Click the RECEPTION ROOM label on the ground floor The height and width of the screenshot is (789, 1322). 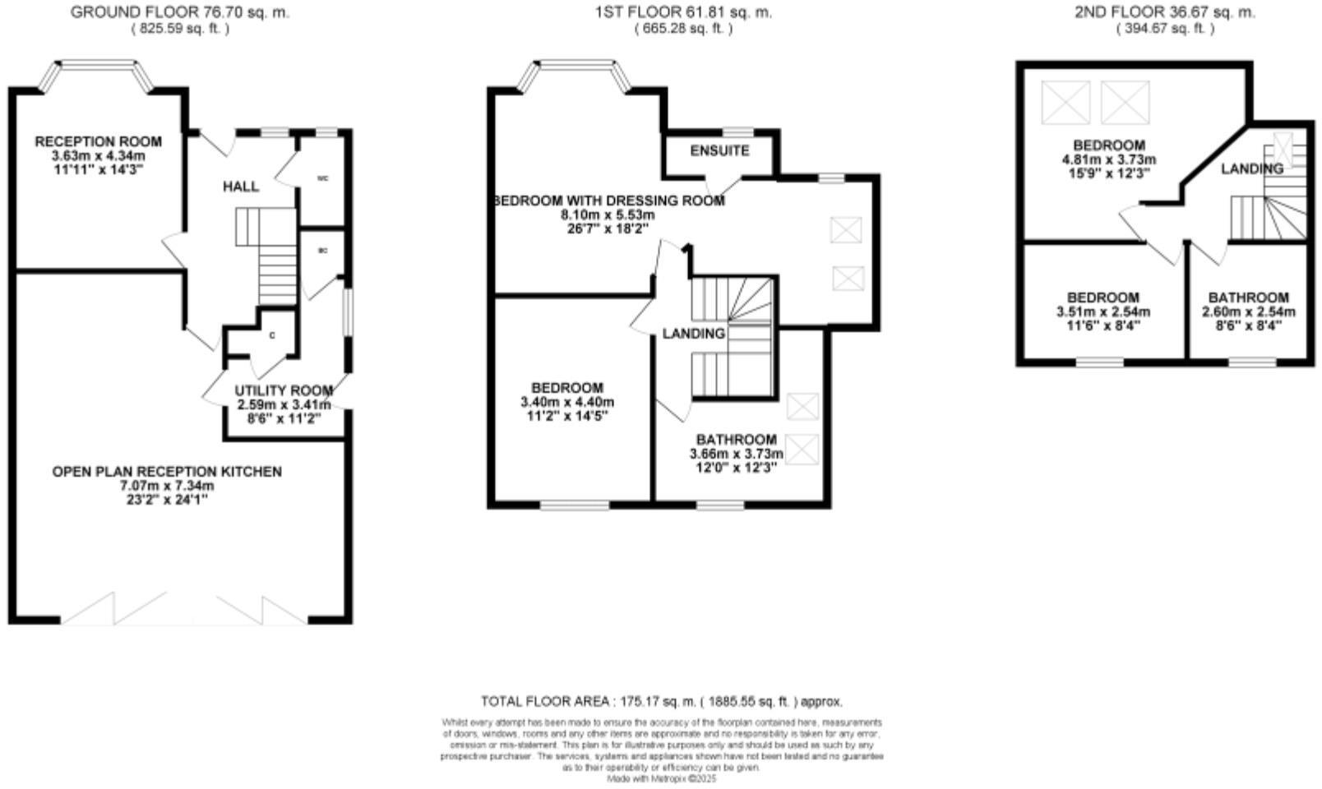pos(99,142)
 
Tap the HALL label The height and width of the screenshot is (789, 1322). pos(241,187)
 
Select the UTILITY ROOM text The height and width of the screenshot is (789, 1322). pos(284,390)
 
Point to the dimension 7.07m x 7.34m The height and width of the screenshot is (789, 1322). pos(167,486)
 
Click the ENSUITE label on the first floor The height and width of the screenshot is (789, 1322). pos(719,151)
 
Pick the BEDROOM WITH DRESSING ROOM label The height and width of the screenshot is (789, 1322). pos(608,201)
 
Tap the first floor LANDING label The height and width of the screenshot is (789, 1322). pos(694,334)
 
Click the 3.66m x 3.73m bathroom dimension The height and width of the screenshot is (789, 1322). pos(736,454)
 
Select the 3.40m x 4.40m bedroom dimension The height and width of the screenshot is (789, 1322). pos(567,402)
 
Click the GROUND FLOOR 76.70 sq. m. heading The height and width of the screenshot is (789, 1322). pos(180,12)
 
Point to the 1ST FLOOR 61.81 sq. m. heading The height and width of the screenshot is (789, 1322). pos(683,12)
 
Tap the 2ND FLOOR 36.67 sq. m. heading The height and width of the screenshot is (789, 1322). pos(1165,12)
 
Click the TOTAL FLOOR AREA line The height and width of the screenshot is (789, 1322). pos(662,701)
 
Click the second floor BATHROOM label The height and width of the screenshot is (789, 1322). pos(1248,298)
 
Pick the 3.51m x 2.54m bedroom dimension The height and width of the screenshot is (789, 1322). pos(1103,311)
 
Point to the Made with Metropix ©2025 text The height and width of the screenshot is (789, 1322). pos(662,777)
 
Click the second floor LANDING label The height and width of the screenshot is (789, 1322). pos(1251,168)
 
